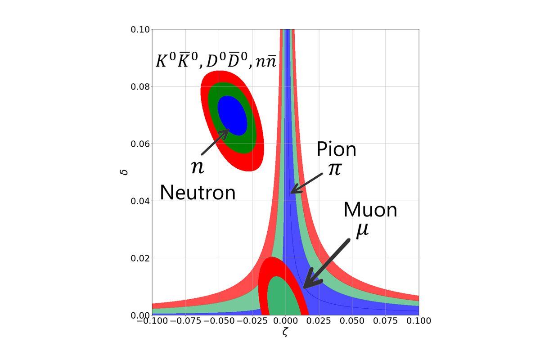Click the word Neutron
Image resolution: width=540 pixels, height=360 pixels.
(198, 193)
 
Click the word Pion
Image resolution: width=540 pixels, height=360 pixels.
(337, 149)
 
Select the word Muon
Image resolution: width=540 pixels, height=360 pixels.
(370, 210)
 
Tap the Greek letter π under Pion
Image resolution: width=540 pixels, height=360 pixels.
(334, 170)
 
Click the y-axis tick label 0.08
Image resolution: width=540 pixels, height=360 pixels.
(139, 87)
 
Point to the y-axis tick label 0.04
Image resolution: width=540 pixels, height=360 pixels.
(139, 201)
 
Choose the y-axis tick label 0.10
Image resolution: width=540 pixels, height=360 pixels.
(139, 30)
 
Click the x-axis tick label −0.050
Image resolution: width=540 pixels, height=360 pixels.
(218, 321)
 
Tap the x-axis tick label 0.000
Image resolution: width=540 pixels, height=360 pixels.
(285, 321)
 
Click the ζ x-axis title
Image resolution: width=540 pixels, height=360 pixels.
(285, 333)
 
